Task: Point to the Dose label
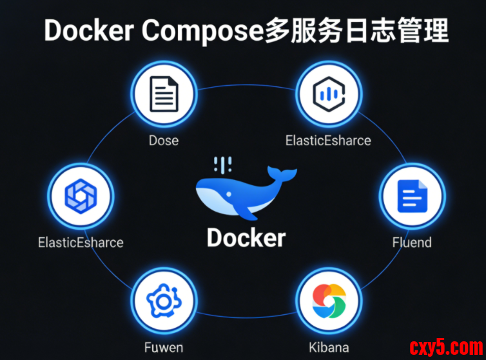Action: (164, 139)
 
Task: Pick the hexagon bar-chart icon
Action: (328, 95)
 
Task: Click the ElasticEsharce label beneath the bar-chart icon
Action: (328, 139)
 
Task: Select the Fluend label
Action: (412, 243)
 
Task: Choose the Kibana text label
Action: (328, 347)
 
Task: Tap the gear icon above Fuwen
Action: (164, 300)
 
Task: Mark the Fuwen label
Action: (164, 347)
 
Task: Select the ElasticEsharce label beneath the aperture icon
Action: (81, 243)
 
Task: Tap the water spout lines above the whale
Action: (224, 164)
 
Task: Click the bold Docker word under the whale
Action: (246, 237)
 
